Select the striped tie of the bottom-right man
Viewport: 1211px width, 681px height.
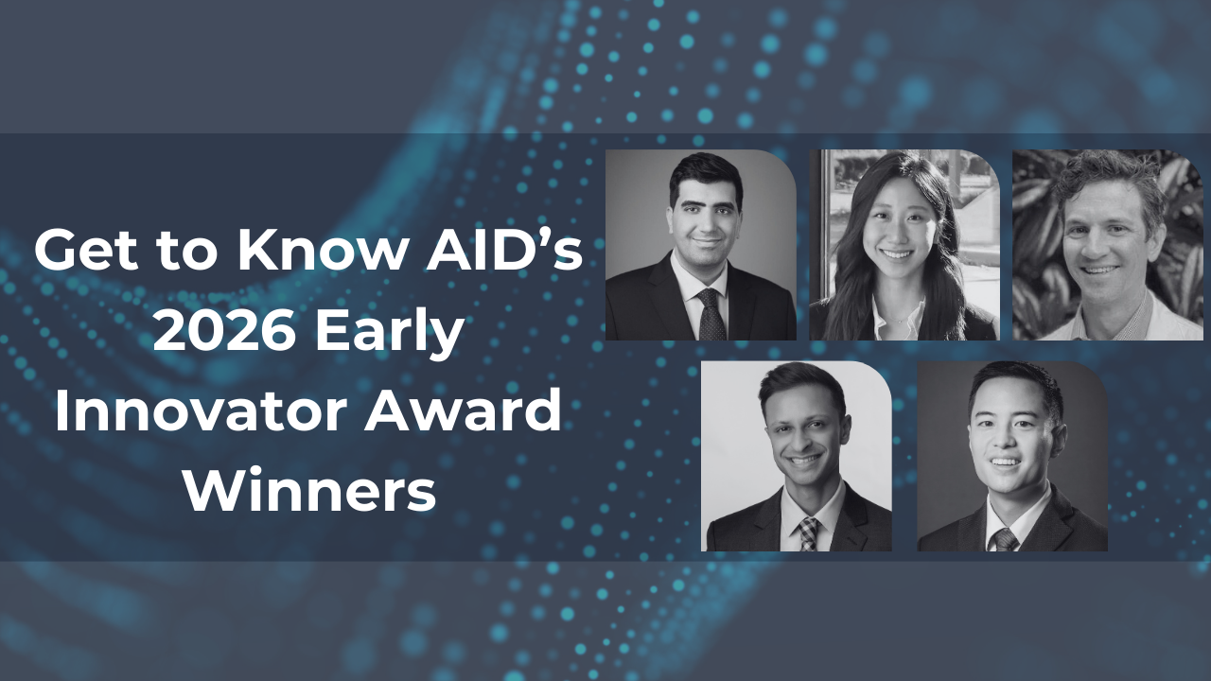point(1005,540)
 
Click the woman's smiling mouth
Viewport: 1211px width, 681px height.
point(897,253)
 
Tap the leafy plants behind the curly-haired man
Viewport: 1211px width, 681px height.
point(1035,243)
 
